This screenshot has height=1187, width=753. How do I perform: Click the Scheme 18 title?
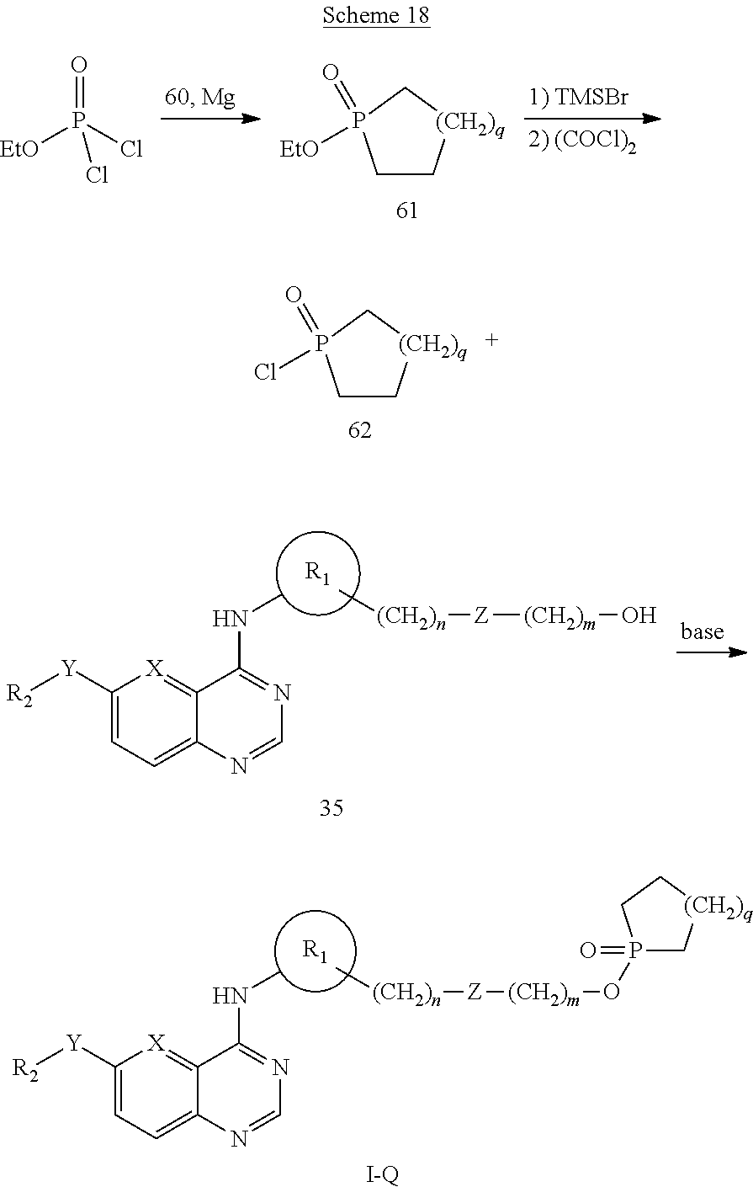pos(376,15)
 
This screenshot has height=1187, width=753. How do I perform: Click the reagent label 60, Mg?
pos(200,98)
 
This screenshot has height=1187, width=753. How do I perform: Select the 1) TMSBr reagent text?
pos(579,98)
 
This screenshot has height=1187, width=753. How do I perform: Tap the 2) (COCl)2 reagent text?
pos(582,142)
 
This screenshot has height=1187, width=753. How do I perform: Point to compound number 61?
pos(406,211)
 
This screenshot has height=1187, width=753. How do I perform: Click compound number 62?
pos(359,429)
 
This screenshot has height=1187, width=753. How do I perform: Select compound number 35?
pos(331,807)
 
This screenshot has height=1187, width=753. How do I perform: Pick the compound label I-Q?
pos(382,1175)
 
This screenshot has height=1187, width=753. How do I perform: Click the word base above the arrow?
pos(703,631)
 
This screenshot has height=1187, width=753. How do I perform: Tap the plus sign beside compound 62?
pos(491,339)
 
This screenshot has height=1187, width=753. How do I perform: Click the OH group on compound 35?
pos(639,615)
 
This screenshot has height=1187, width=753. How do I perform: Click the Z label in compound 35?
pos(480,615)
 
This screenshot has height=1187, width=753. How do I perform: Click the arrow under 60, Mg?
pos(210,119)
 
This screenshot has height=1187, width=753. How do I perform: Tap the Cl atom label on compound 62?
pos(265,372)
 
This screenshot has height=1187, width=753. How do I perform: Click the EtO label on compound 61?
pos(300,150)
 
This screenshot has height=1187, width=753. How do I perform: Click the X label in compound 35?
pos(154,669)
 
